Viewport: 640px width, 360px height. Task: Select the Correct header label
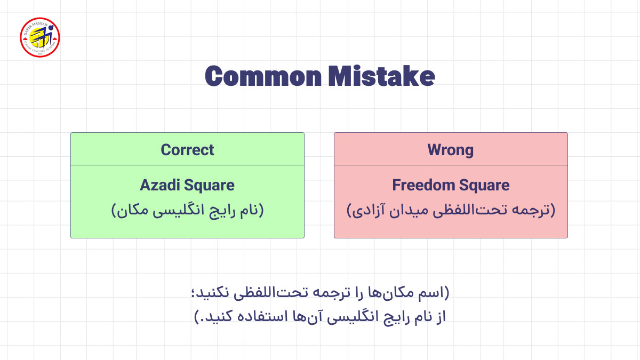point(187,150)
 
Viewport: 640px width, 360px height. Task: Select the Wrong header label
point(451,150)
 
